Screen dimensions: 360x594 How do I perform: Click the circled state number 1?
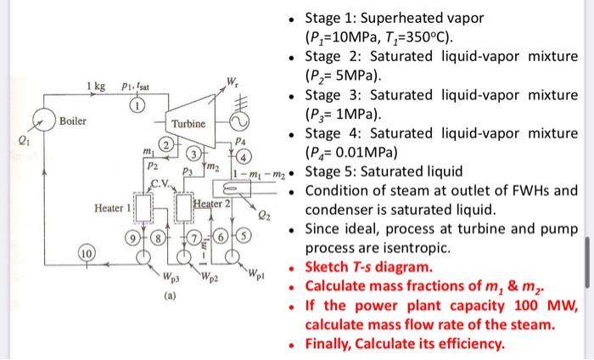point(135,105)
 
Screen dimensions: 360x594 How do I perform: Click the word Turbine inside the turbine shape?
point(188,124)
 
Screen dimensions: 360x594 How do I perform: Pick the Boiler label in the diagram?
point(73,122)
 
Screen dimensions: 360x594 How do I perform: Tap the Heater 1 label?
point(114,208)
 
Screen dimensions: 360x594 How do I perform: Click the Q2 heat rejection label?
point(265,215)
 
